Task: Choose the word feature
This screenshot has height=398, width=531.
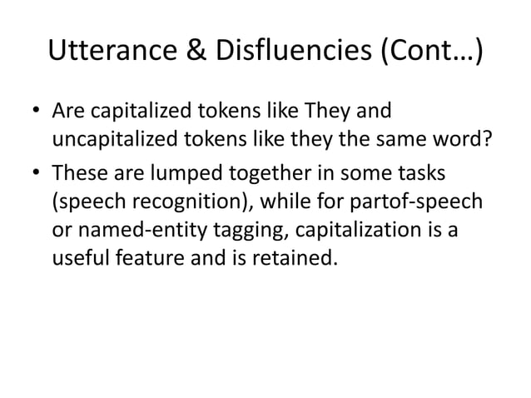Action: click(135, 262)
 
